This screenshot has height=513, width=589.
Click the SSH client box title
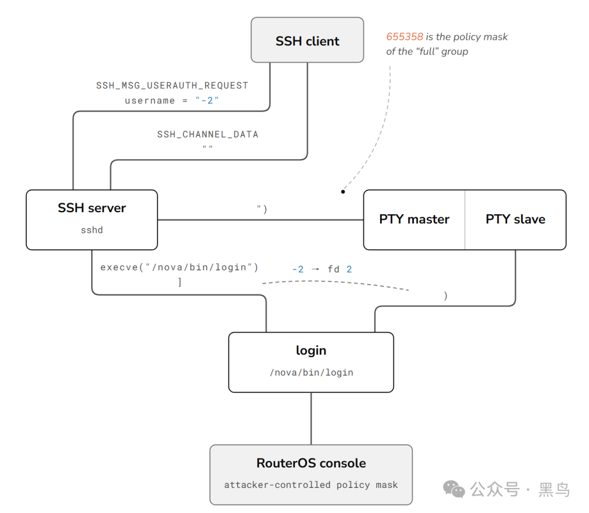(x=307, y=41)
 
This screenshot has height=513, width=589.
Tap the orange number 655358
(x=405, y=37)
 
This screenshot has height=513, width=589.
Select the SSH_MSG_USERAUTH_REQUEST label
(x=172, y=86)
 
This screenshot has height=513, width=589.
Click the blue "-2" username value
(x=207, y=100)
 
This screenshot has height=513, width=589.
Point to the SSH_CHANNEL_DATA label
(x=208, y=135)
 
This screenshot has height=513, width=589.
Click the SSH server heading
(x=92, y=208)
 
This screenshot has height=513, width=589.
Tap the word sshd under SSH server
(x=92, y=230)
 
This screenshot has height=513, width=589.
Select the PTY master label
(x=414, y=219)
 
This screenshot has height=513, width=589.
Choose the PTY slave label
(x=515, y=219)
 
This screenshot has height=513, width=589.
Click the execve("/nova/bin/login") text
(x=179, y=267)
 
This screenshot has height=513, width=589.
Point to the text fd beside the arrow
(x=333, y=269)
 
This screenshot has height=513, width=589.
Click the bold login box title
(x=311, y=351)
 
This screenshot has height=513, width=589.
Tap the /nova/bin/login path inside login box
(x=311, y=372)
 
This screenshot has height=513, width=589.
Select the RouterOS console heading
(x=311, y=463)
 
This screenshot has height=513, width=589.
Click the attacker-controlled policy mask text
(x=311, y=485)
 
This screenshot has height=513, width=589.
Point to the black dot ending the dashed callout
(x=343, y=192)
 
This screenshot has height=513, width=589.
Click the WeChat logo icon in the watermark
(x=454, y=489)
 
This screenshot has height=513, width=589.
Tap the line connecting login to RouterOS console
(x=311, y=419)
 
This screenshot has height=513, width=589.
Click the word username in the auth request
(x=150, y=101)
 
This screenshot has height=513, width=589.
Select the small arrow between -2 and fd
(x=316, y=269)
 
